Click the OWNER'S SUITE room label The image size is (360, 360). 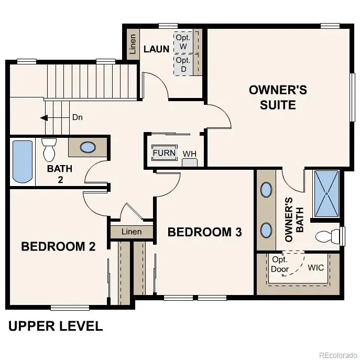pyautogui.click(x=278, y=97)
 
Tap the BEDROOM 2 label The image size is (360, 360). pyautogui.click(x=58, y=246)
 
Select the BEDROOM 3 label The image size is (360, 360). pyautogui.click(x=205, y=232)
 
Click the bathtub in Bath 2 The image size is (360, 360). pyautogui.click(x=22, y=161)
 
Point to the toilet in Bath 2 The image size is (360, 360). pyautogui.click(x=49, y=149)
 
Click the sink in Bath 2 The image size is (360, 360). pyautogui.click(x=88, y=147)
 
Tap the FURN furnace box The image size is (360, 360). pyautogui.click(x=164, y=153)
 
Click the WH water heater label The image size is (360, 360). pyautogui.click(x=189, y=154)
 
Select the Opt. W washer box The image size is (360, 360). pyautogui.click(x=183, y=41)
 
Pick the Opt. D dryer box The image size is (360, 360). pyautogui.click(x=183, y=64)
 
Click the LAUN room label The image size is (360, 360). pyautogui.click(x=156, y=49)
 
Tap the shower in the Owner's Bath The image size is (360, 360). pyautogui.click(x=326, y=193)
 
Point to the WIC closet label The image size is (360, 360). pyautogui.click(x=315, y=268)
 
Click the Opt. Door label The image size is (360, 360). pyautogui.click(x=280, y=265)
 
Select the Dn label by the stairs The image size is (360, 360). pyautogui.click(x=78, y=117)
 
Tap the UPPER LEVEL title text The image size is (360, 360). pyautogui.click(x=56, y=326)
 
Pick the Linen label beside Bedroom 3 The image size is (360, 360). pyautogui.click(x=132, y=231)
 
